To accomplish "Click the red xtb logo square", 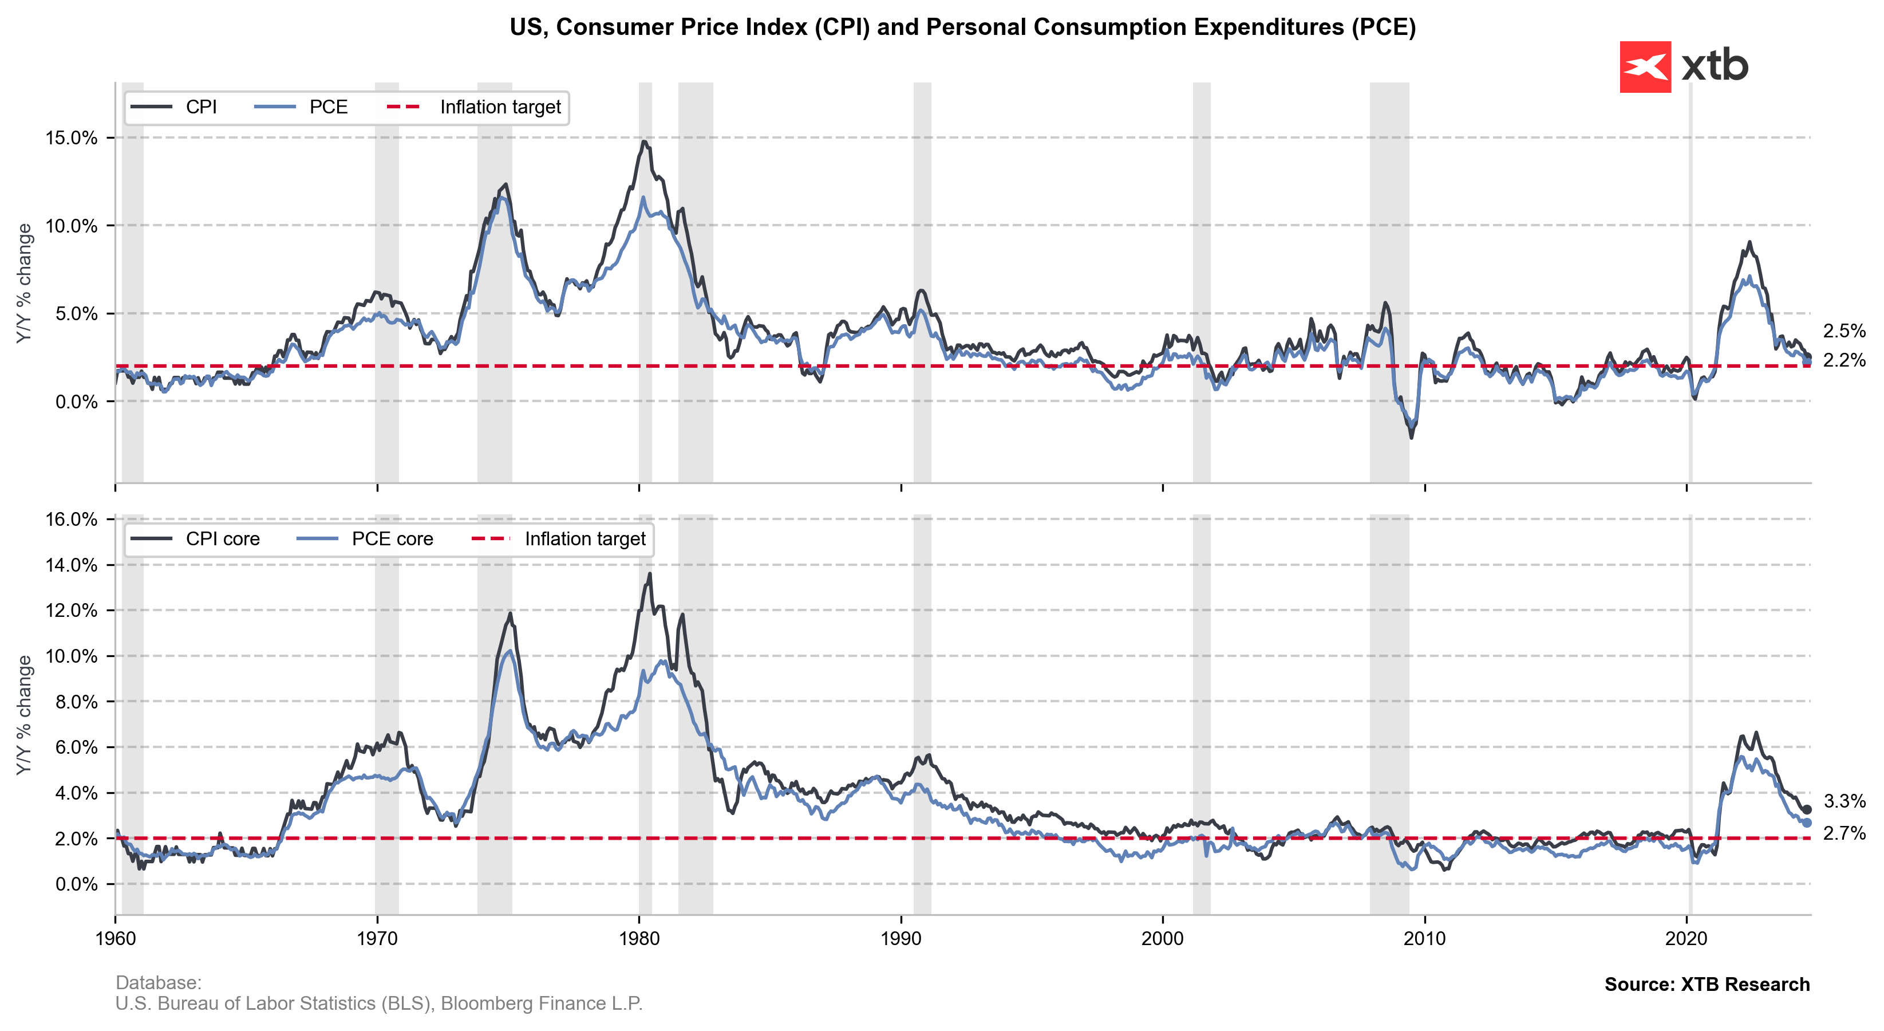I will [x=1645, y=66].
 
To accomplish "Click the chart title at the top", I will [x=962, y=27].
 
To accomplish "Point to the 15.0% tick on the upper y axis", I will [x=71, y=138].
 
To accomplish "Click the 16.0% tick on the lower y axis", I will [x=71, y=520].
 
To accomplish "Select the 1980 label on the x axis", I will [x=639, y=939].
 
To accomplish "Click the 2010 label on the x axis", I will [x=1424, y=939].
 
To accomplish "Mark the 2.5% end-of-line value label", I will [x=1844, y=330].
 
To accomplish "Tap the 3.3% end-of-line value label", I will [x=1844, y=801].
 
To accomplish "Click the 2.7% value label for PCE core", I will [x=1844, y=833].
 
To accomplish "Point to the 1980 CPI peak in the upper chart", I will [x=643, y=141].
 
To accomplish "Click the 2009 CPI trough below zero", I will [x=1411, y=438].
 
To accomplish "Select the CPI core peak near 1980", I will [x=649, y=574].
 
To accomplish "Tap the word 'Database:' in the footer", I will [x=158, y=983].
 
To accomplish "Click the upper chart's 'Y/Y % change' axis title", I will [x=24, y=283].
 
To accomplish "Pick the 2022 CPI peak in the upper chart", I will [x=1749, y=242].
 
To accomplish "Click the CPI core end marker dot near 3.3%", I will [x=1807, y=810].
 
